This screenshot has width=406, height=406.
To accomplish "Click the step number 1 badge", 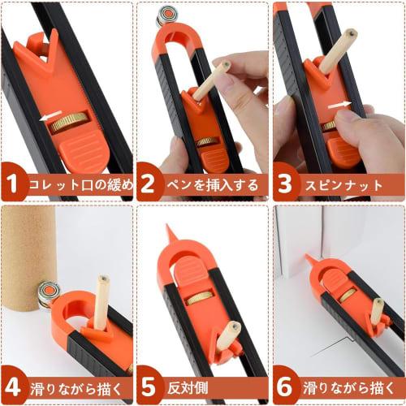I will (x=13, y=184).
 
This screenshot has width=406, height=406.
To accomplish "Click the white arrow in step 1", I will (x=50, y=116).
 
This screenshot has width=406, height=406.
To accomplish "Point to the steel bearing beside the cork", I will (x=48, y=294).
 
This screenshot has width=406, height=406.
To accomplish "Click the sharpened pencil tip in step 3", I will (x=352, y=34).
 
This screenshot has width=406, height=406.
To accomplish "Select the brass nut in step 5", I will (x=197, y=299).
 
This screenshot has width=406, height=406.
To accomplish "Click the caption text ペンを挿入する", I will (x=211, y=184).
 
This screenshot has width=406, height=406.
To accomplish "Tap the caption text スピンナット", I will (x=344, y=184).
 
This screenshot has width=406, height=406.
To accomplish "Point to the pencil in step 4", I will (x=102, y=304).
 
